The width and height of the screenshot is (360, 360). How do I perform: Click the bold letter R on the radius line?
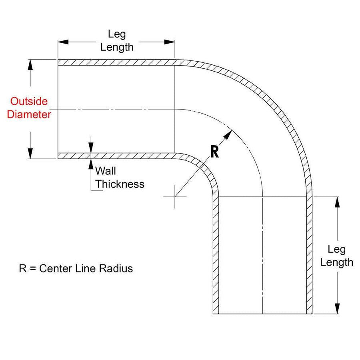pos(214,152)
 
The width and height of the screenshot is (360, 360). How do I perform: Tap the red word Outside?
pos(29,101)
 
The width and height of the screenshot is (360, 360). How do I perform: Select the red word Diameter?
pos(29,114)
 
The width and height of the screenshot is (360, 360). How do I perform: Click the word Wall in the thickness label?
pos(105,171)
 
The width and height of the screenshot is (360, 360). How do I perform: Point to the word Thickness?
pos(120,184)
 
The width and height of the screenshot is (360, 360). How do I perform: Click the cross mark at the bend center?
pos(175,197)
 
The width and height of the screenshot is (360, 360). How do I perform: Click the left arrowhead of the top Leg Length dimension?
pos(63,42)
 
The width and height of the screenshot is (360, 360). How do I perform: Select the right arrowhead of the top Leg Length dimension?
pos(170,42)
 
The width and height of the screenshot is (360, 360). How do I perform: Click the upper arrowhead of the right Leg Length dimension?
pos(337,202)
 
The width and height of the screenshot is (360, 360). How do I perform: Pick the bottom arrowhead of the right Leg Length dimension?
pos(337,308)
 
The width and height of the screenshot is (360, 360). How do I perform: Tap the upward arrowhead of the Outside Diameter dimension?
pos(30,65)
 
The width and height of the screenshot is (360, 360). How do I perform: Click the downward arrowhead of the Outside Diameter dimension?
pos(30,153)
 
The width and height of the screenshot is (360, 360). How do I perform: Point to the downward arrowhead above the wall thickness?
pos(91,148)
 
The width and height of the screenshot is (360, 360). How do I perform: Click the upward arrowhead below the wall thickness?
pos(91,164)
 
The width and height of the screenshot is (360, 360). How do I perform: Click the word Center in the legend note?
pos(55,268)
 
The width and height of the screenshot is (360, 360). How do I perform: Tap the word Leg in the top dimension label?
pos(117,34)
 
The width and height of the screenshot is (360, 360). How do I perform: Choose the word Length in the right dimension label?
pos(336,262)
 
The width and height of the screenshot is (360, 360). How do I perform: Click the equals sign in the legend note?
pos(33,269)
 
